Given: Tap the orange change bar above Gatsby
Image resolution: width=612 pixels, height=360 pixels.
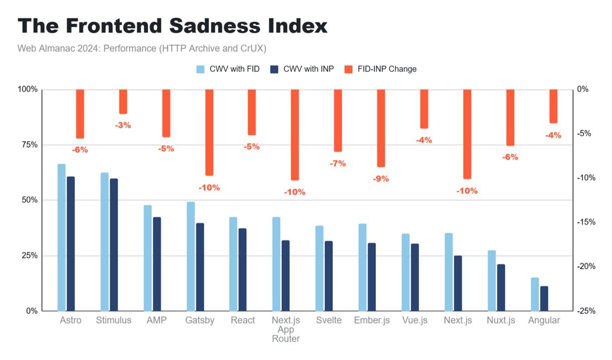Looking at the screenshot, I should (x=209, y=132).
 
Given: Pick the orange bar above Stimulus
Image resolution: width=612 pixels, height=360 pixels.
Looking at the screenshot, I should (x=123, y=102).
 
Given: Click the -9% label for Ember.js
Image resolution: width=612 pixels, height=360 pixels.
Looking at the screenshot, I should (x=381, y=178).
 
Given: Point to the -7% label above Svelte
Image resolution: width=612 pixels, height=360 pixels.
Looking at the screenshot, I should (x=338, y=163).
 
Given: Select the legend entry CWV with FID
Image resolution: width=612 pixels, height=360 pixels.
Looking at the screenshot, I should (x=228, y=69).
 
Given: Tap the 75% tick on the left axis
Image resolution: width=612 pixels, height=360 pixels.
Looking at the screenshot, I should (x=29, y=145).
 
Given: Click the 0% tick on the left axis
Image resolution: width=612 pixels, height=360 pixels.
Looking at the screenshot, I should (x=31, y=311).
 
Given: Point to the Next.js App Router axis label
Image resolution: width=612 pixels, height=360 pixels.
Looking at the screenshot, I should (x=286, y=329).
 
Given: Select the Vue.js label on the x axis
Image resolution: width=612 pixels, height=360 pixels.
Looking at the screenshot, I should (x=415, y=320).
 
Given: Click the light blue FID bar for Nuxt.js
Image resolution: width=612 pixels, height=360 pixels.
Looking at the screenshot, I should (x=492, y=280).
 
